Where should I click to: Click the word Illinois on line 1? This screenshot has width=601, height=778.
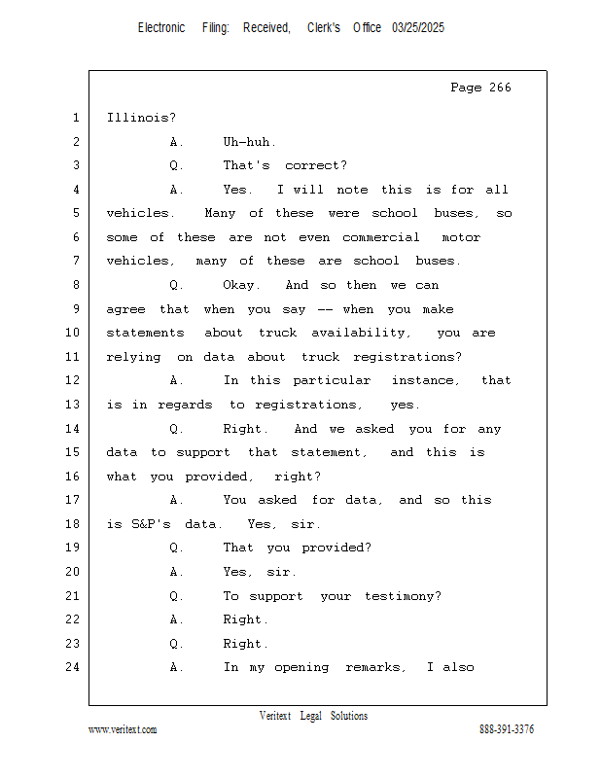pyautogui.click(x=141, y=118)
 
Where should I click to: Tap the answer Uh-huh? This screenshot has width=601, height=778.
pyautogui.click(x=250, y=142)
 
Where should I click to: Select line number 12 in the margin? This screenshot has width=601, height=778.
pyautogui.click(x=75, y=380)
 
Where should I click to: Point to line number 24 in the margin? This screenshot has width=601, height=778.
pyautogui.click(x=75, y=667)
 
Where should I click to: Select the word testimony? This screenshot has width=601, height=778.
pyautogui.click(x=402, y=596)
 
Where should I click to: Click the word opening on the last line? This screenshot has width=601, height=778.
pyautogui.click(x=303, y=667)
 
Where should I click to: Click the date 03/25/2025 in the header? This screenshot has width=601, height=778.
pyautogui.click(x=418, y=28)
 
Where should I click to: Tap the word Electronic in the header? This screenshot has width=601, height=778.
pyautogui.click(x=161, y=28)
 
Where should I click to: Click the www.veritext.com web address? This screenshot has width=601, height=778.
pyautogui.click(x=123, y=729)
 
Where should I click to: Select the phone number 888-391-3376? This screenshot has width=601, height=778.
pyautogui.click(x=507, y=729)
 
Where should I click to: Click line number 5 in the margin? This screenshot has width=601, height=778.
pyautogui.click(x=75, y=213)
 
